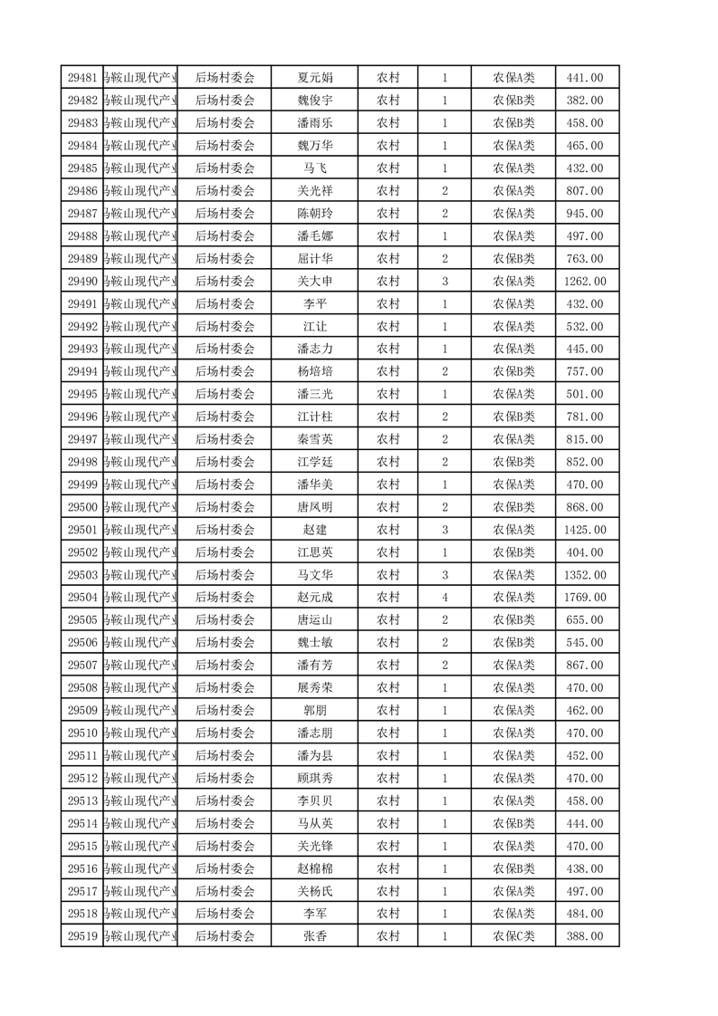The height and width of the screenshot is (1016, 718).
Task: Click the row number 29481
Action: coord(82,78)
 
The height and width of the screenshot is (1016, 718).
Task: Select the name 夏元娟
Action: coord(315,78)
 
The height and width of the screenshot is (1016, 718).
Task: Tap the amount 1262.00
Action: coord(585,282)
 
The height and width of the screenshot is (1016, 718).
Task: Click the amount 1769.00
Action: coord(585,598)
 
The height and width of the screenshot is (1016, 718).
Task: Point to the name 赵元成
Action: coord(315,598)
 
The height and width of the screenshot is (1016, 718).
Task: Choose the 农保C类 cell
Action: coord(513,936)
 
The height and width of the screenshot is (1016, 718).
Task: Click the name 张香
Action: coord(315,936)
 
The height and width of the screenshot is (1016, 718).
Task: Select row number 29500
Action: coord(82,507)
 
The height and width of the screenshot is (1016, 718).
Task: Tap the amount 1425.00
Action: coord(585,530)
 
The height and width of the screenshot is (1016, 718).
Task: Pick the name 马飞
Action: coord(315,168)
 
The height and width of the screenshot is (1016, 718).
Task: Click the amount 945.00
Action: coord(585,214)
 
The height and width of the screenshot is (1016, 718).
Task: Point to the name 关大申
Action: coord(315,282)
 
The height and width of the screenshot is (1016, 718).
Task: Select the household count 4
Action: coord(445,598)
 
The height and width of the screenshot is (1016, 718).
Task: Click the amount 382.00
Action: coord(585,101)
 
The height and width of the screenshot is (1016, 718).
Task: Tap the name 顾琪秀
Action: coord(315,778)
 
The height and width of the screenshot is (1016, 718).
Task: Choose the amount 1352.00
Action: coord(585,575)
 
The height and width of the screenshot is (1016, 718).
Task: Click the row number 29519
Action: coord(82,936)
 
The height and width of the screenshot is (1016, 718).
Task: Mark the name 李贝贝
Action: coord(315,800)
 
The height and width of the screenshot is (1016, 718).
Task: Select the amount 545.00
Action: coord(585,643)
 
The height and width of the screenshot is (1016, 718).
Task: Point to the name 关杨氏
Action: coord(315,891)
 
